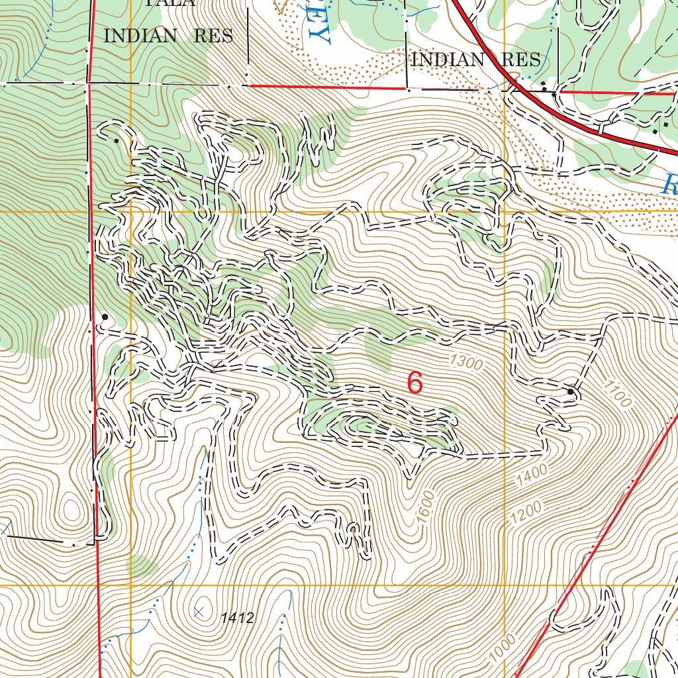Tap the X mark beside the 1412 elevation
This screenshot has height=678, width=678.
coord(199,612)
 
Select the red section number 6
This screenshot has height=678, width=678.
coord(415,383)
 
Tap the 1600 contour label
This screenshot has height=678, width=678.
coord(427,507)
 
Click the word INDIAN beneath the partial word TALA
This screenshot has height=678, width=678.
coord(140,36)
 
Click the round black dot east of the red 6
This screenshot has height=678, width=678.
coord(571,392)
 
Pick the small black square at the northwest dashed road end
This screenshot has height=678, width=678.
coord(117,140)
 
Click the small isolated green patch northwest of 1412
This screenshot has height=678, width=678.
coord(141,566)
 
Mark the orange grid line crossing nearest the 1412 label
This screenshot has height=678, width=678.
coord(131,586)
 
